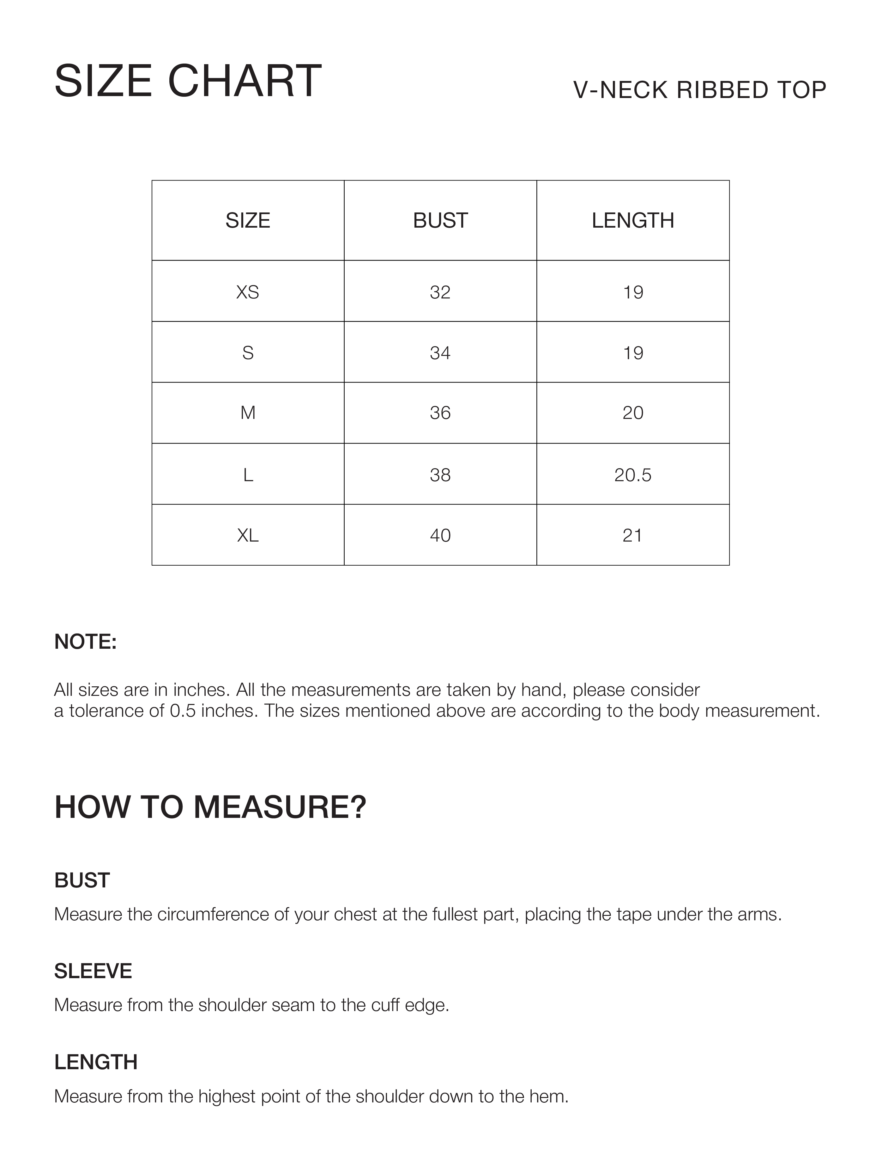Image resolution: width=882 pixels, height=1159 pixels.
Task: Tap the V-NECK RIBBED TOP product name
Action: pos(699,90)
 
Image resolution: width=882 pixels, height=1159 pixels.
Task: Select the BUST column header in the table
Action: pos(440,221)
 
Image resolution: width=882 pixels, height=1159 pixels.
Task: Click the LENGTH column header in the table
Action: pos(633,221)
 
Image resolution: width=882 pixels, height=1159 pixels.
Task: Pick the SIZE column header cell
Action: pos(248,221)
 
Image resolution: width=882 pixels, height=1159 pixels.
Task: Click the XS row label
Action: pos(248,292)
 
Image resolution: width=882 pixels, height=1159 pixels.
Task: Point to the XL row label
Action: pos(248,535)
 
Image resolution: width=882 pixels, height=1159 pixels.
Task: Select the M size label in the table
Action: pos(248,413)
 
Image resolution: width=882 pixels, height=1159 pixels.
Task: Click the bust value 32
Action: pos(440,292)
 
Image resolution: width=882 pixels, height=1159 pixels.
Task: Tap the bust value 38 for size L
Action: pos(440,475)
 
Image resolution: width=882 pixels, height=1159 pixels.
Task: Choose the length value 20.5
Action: pos(633,475)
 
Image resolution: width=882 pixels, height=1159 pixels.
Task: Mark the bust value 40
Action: pos(440,535)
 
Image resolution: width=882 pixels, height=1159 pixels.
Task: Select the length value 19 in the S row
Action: pos(633,353)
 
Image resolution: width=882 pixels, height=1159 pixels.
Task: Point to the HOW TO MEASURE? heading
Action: pos(210,807)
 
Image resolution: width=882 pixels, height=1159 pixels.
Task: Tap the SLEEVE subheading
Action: pos(93,971)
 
